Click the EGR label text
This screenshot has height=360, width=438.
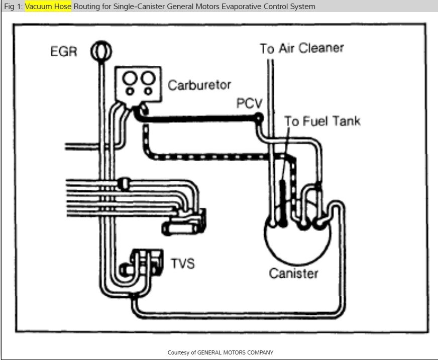point(63,52)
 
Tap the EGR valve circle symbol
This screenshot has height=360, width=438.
point(100,51)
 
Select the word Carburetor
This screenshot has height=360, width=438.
point(199,84)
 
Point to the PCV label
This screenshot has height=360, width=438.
point(250,104)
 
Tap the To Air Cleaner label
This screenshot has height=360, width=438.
point(301,49)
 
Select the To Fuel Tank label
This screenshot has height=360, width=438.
point(322,121)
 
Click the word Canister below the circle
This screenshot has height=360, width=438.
point(293,273)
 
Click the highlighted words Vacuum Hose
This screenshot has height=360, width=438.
point(48,7)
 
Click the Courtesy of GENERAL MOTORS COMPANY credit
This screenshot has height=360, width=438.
point(220,352)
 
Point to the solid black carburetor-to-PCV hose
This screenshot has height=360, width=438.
point(201,119)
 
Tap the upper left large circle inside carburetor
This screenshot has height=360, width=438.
point(130,78)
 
